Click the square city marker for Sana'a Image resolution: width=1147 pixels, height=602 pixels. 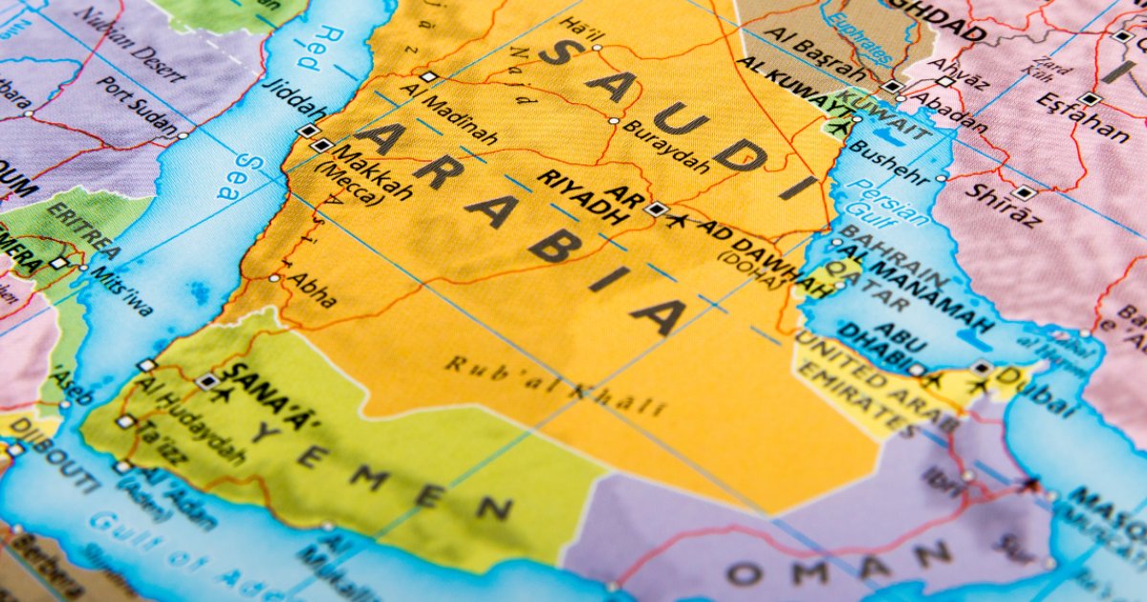[207, 381]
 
